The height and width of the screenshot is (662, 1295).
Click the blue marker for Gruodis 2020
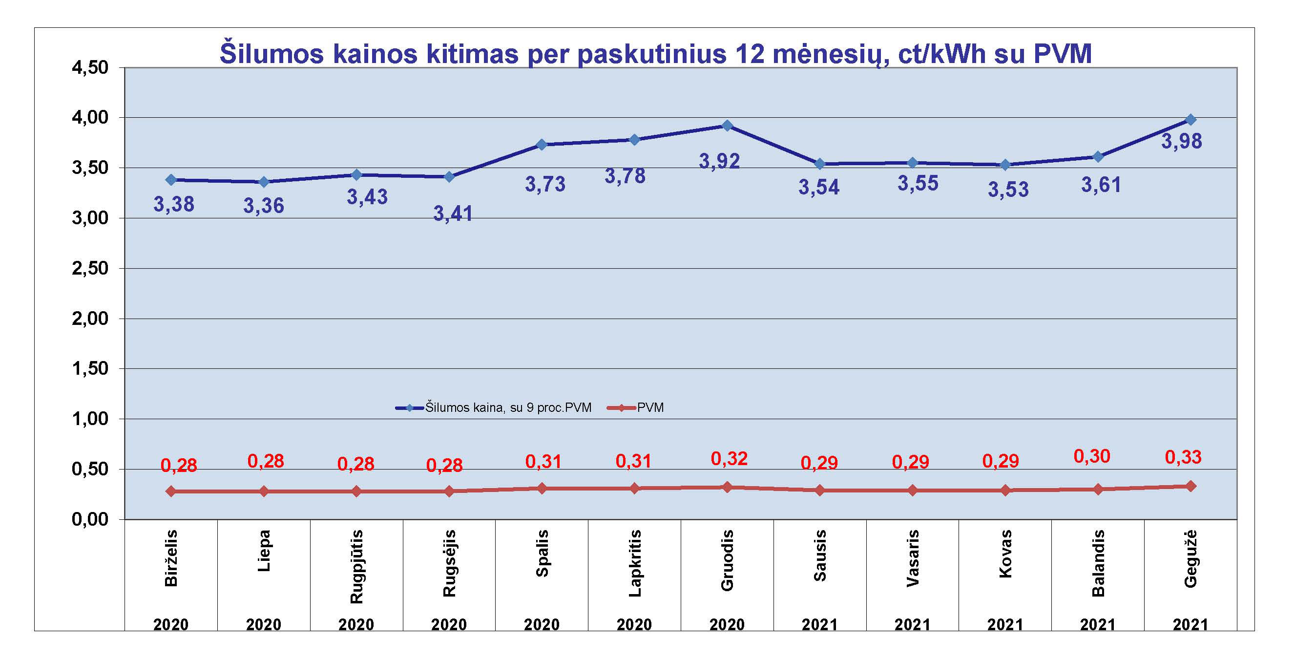(x=727, y=125)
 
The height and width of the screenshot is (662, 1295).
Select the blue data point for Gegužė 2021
(x=1191, y=120)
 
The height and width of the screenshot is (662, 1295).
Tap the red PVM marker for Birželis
(x=171, y=491)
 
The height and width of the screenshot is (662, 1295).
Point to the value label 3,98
(x=1181, y=141)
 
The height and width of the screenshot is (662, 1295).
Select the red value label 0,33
(x=1183, y=457)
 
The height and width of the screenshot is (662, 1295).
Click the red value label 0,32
(x=729, y=459)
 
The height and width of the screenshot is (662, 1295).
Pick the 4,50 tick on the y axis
(x=90, y=67)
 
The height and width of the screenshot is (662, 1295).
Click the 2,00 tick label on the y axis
(x=90, y=319)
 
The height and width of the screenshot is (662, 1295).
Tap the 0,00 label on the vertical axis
(x=90, y=519)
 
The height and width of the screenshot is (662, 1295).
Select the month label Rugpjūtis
(x=356, y=566)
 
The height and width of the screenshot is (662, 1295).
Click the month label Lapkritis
(x=634, y=563)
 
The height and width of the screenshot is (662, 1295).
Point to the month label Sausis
(x=819, y=555)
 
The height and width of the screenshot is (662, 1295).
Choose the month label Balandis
(x=1098, y=563)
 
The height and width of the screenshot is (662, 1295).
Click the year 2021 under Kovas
(x=1005, y=624)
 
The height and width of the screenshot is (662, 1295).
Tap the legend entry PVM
(x=650, y=407)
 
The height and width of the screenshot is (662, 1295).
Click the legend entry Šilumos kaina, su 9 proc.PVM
(x=508, y=407)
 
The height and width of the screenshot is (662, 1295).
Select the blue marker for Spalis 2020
(x=542, y=145)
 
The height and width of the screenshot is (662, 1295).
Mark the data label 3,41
(x=453, y=214)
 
